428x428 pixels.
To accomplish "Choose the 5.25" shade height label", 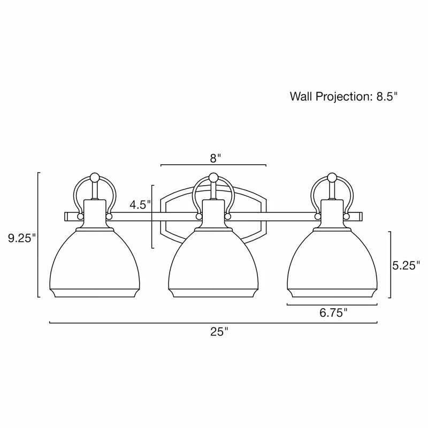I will coord(404,266).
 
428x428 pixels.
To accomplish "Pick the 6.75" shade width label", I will coord(334,313).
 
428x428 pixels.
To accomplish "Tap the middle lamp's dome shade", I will coord(213,262).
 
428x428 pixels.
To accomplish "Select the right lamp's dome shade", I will coord(332,262).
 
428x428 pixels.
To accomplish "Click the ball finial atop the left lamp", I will coord(95,177).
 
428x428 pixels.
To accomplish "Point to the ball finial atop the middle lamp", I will coord(213,177).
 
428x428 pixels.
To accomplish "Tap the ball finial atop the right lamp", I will coord(332,177).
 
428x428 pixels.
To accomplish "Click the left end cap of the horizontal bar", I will coord(66,216).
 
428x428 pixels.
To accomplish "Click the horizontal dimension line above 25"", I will coord(213,323).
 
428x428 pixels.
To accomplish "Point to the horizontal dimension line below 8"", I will coord(213,165).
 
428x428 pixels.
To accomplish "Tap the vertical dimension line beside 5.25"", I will coord(390,265).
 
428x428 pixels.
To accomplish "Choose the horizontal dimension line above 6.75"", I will coord(332,304).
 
